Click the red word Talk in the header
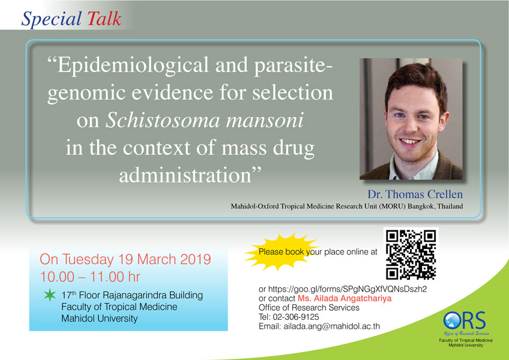(104, 19)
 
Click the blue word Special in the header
(52, 19)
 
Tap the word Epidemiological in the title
(133, 66)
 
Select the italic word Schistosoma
(163, 120)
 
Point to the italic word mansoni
(265, 120)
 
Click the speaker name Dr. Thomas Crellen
(415, 194)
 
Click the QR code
(411, 255)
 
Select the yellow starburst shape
(282, 251)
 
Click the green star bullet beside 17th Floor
(50, 295)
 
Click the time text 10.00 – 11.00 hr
(90, 277)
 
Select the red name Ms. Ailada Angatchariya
(345, 298)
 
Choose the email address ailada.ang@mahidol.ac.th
(331, 326)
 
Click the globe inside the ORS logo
(451, 320)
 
